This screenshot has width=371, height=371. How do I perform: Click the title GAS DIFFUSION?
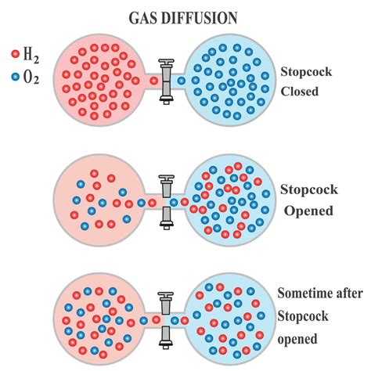click(x=185, y=15)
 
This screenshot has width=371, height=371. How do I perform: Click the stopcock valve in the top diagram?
click(x=166, y=80)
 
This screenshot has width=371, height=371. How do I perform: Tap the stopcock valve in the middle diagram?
click(x=166, y=201)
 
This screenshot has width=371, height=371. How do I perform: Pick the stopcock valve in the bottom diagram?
click(x=166, y=320)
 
